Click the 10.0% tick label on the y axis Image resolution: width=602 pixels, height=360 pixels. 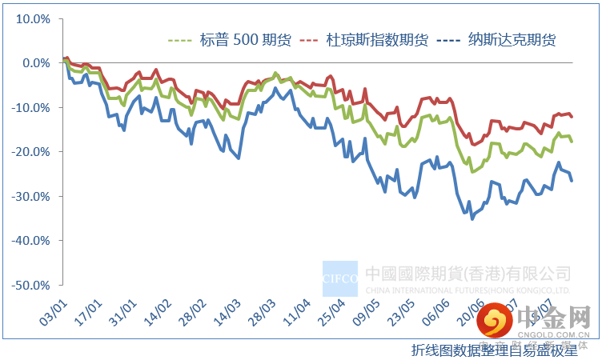[x=31, y=18]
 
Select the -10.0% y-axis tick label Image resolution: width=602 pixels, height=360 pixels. [x=30, y=107]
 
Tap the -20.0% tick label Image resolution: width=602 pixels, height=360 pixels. [x=30, y=151]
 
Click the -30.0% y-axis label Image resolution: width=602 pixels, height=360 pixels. [x=30, y=196]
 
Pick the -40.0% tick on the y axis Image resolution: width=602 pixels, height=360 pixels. [x=30, y=240]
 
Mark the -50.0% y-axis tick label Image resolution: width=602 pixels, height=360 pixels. [x=30, y=285]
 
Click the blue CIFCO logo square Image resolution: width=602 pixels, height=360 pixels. [x=340, y=278]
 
